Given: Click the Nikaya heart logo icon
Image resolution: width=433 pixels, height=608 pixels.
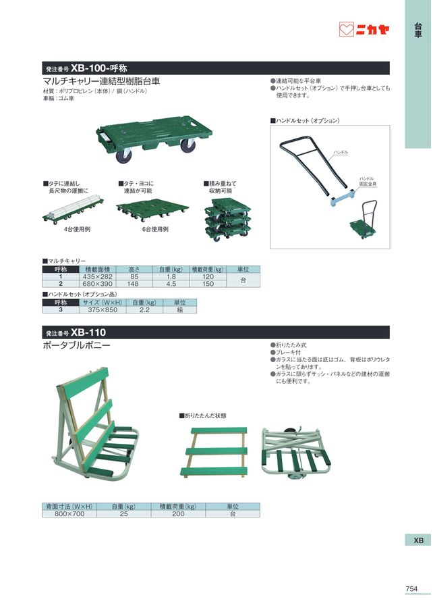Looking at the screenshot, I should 346,30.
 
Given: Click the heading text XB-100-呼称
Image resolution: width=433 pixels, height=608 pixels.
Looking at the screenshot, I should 98,68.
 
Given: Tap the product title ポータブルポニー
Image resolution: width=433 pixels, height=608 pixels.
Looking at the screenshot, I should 76,346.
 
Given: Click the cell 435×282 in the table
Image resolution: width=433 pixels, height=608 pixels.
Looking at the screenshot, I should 98,277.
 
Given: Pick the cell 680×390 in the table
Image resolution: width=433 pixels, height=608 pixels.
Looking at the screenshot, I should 98,284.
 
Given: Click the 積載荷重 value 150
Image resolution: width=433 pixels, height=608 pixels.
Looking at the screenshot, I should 208,284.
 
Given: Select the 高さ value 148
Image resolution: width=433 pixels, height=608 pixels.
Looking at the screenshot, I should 134,284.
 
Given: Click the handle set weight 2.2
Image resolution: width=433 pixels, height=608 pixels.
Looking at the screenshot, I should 144,310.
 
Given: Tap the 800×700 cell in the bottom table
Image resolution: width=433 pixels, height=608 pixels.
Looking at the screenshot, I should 69,514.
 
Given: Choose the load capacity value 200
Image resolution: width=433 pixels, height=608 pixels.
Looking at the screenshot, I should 178,514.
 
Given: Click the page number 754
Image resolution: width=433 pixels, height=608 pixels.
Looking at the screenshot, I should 411,589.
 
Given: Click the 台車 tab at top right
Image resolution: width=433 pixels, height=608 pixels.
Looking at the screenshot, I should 418,30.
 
